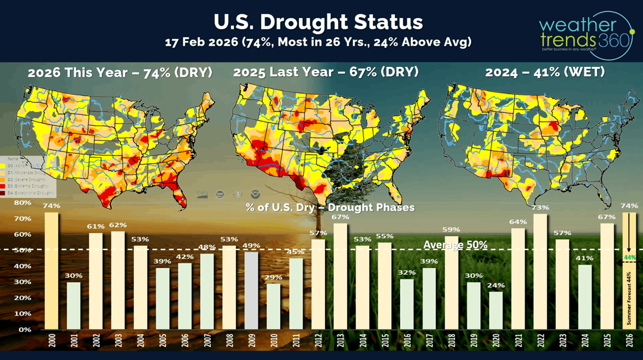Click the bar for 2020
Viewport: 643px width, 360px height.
click(496, 310)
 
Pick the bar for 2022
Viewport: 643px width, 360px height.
click(540, 271)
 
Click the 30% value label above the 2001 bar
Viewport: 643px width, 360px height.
click(74, 275)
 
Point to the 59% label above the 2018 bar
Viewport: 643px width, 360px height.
click(451, 229)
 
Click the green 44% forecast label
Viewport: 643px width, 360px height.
click(630, 257)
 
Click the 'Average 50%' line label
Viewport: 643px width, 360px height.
click(456, 245)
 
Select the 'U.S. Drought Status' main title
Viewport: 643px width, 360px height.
click(318, 22)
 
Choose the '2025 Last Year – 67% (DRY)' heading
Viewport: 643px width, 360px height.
click(326, 72)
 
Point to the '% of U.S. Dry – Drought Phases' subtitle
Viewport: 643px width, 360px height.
click(330, 207)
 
